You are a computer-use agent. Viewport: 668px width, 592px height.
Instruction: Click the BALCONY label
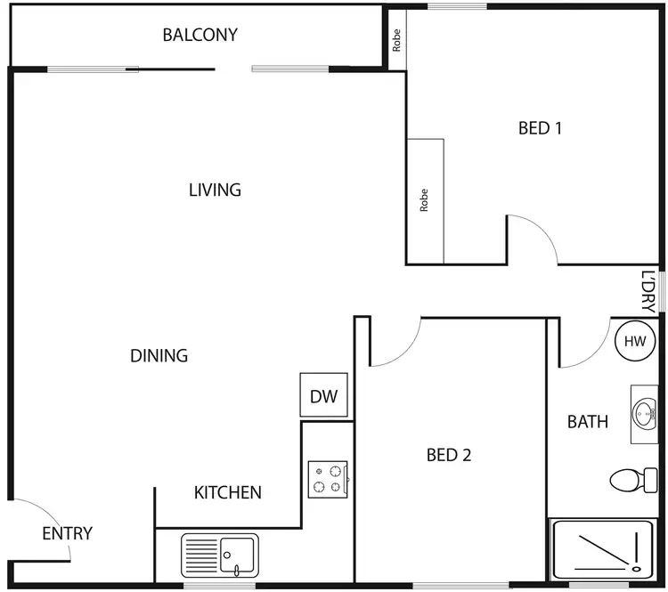coord(200,36)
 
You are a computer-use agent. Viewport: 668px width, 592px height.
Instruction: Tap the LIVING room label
coord(215,190)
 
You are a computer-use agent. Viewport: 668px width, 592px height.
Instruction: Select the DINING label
coord(159,356)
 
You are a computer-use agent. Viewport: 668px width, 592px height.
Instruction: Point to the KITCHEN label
coord(228,492)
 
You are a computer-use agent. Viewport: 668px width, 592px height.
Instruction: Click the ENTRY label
coord(68,534)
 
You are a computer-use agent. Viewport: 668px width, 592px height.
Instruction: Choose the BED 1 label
coord(540,128)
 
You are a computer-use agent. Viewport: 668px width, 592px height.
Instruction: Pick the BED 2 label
coord(449,456)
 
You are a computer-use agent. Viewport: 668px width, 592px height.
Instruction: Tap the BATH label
coord(588,421)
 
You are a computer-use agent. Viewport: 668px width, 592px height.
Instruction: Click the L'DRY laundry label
coord(648,291)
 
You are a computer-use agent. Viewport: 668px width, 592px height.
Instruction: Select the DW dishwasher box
coord(323,397)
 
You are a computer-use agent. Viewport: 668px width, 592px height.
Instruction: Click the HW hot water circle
coord(634,342)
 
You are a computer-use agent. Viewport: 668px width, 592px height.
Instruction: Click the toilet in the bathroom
coord(633,481)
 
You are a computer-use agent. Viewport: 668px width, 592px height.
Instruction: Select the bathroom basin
coord(645,414)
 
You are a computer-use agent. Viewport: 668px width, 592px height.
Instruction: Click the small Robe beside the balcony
coord(396,40)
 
